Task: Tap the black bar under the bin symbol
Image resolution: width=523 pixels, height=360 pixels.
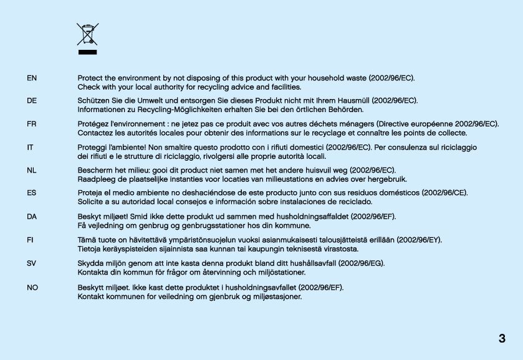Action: tap(87, 52)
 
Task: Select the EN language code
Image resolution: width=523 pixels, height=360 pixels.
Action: tap(32, 78)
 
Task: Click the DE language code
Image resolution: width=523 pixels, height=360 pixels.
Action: tap(32, 100)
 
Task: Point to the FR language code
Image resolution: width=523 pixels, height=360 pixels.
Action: tap(32, 124)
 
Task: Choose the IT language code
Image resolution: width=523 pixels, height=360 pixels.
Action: tap(30, 147)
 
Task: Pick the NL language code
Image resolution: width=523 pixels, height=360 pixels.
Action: tap(32, 170)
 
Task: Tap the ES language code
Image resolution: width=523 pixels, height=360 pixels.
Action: tap(32, 193)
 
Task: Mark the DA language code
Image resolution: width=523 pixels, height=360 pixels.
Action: tap(32, 216)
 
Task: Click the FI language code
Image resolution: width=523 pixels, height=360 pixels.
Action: tap(31, 239)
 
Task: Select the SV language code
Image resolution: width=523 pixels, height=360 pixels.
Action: tap(32, 263)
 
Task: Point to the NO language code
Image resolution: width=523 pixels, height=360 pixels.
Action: tap(32, 287)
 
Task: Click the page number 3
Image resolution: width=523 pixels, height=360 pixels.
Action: tap(502, 339)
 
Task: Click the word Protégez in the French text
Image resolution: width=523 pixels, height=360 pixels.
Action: tap(93, 124)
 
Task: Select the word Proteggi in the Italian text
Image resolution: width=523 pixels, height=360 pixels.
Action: tap(92, 147)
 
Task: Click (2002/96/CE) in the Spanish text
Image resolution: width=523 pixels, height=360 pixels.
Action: tap(445, 193)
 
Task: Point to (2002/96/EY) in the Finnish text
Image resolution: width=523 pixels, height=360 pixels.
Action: tap(420, 239)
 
